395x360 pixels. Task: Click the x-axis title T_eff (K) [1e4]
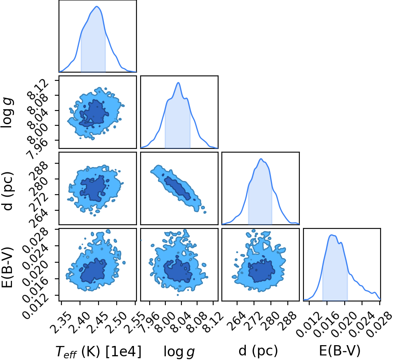click(x=99, y=351)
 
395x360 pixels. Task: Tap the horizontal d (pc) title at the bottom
click(x=258, y=351)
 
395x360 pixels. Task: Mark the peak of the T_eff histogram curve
click(x=97, y=6)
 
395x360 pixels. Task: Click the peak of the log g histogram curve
click(x=179, y=82)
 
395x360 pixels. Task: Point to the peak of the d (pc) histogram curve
click(x=261, y=159)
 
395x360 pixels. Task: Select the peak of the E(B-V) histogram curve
click(x=332, y=235)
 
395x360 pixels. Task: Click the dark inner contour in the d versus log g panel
click(x=177, y=188)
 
